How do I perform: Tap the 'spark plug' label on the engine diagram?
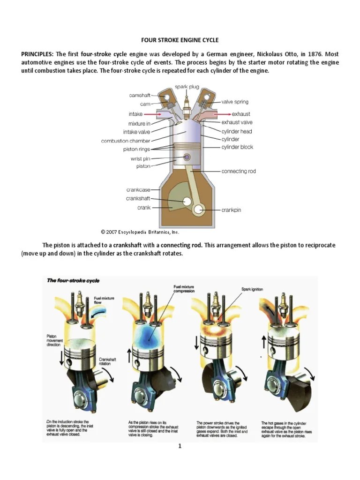187,87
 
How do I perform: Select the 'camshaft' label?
140,95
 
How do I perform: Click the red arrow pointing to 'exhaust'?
222,114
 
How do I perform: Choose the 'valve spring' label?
235,102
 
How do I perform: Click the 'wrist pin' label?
140,158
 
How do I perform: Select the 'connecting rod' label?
239,171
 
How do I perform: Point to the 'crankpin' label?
231,210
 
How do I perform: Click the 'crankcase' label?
138,190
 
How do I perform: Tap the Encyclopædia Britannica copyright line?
140,232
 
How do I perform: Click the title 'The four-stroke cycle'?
73,280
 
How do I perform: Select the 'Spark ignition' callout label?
252,289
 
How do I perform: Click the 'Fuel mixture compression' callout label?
184,288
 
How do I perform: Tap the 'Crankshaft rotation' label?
107,362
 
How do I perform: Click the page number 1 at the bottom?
180,446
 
